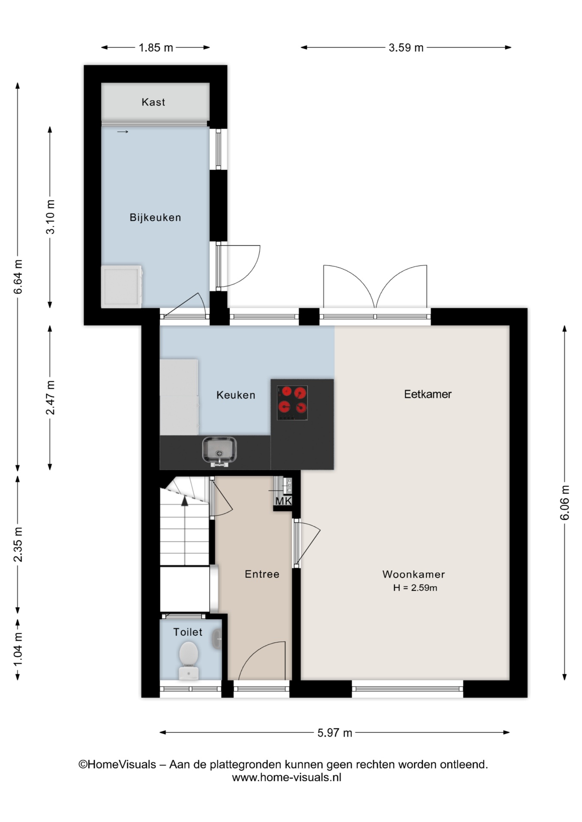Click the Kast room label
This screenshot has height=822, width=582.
pyautogui.click(x=153, y=102)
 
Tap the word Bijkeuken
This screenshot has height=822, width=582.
pyautogui.click(x=155, y=217)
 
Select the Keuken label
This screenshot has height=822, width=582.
pyautogui.click(x=236, y=395)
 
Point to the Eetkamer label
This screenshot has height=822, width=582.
pyautogui.click(x=428, y=394)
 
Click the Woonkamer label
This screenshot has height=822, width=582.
pyautogui.click(x=414, y=574)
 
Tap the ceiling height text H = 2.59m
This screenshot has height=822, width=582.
pyautogui.click(x=415, y=588)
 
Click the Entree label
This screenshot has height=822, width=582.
pyautogui.click(x=262, y=574)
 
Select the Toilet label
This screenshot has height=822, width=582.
pyautogui.click(x=188, y=632)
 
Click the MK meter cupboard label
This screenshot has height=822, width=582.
pyautogui.click(x=284, y=501)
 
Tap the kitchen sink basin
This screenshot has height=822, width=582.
pyautogui.click(x=219, y=451)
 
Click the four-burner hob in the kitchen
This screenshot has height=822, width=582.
pyautogui.click(x=292, y=403)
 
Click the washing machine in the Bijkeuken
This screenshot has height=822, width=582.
pyautogui.click(x=122, y=286)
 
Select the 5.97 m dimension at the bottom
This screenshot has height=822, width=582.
pyautogui.click(x=335, y=733)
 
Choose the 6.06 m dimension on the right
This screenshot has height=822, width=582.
pyautogui.click(x=565, y=503)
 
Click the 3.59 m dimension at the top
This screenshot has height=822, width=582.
pyautogui.click(x=406, y=48)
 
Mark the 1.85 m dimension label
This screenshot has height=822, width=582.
pyautogui.click(x=156, y=48)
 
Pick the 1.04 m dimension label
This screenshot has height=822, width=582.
pyautogui.click(x=18, y=649)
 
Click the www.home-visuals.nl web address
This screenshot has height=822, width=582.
pyautogui.click(x=287, y=777)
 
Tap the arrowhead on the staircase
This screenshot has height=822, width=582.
pyautogui.click(x=185, y=500)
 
